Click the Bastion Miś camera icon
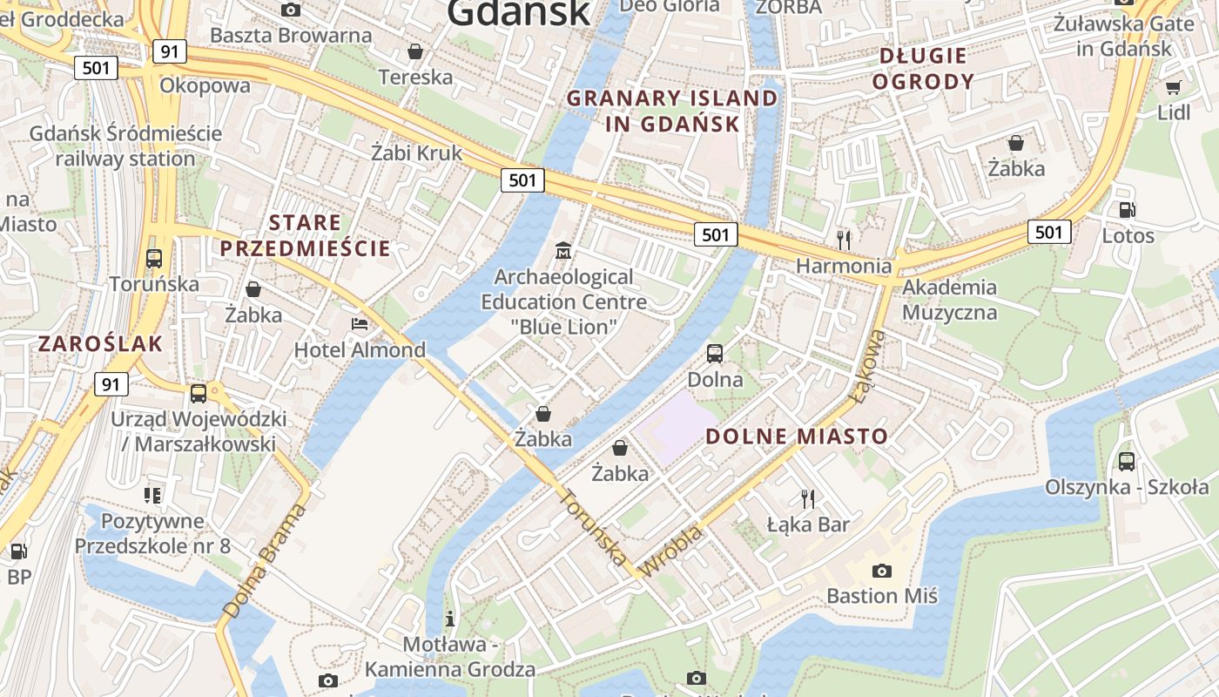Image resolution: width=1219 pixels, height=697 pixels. tap(881, 572)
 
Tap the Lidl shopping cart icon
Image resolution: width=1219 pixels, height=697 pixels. tap(1173, 87)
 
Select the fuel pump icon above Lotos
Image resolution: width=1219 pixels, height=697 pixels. tap(1127, 210)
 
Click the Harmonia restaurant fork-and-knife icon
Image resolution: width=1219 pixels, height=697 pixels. tap(843, 240)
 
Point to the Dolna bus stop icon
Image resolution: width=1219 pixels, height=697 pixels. tap(715, 354)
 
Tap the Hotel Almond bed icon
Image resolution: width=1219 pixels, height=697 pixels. tap(360, 324)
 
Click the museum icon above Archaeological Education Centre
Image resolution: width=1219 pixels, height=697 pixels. tap(563, 251)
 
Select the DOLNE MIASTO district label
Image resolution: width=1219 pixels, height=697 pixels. tap(797, 436)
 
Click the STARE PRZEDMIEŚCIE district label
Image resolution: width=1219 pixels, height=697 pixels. tap(305, 235)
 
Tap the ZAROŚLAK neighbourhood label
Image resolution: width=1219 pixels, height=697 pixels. tap(100, 343)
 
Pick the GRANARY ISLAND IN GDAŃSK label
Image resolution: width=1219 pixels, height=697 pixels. tap(672, 111)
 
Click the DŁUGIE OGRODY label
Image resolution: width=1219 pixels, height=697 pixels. tap(923, 69)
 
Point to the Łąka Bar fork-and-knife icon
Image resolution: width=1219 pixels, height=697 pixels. tap(808, 498)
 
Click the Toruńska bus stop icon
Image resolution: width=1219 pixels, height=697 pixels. tap(154, 258)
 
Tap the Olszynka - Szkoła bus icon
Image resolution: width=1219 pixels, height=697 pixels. tap(1127, 462)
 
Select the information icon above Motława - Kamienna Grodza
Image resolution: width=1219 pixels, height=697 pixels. tap(450, 619)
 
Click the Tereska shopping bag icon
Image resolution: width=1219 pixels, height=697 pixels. tap(416, 51)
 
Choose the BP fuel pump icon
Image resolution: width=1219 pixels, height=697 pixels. tap(18, 551)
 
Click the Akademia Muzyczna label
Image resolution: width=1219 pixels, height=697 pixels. tap(949, 299)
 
